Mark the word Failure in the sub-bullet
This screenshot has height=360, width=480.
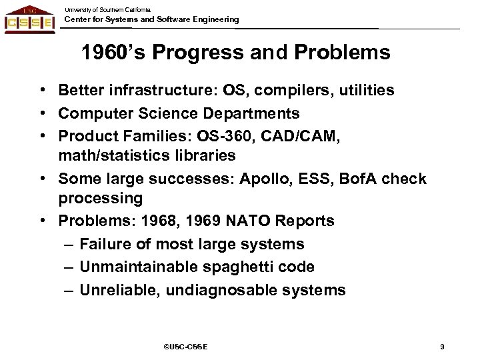tap(105, 244)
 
